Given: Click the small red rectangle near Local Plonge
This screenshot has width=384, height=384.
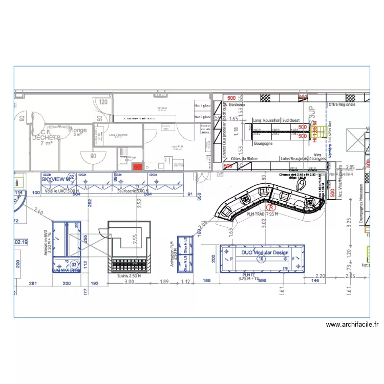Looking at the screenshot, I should pos(137,167).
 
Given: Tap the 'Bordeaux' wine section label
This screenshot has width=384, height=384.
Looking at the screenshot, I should pos(238,104).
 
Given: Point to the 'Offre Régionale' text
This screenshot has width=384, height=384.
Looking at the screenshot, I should pos(342,104).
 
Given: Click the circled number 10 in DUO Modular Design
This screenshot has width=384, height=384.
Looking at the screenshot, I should pos(262,259).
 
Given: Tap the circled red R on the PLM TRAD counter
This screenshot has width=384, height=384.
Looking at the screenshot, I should pos(272,208).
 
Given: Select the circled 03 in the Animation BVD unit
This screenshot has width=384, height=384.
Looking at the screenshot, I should pos(74,264).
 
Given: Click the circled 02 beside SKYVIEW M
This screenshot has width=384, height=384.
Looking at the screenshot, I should pos(72,177).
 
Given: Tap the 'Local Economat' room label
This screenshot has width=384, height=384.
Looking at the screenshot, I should pos(118,136).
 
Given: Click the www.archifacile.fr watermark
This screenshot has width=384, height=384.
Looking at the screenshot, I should pos(352,324).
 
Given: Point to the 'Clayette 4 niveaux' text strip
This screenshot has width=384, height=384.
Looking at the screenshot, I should pos(139,118).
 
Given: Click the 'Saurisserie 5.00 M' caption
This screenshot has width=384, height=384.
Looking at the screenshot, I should pos(133,190).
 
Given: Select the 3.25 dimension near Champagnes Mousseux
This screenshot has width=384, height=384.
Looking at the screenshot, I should pos(348,222).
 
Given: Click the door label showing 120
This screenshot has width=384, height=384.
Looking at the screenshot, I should pos(103,102).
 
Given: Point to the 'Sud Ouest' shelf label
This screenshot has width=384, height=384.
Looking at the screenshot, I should pos(291,120).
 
